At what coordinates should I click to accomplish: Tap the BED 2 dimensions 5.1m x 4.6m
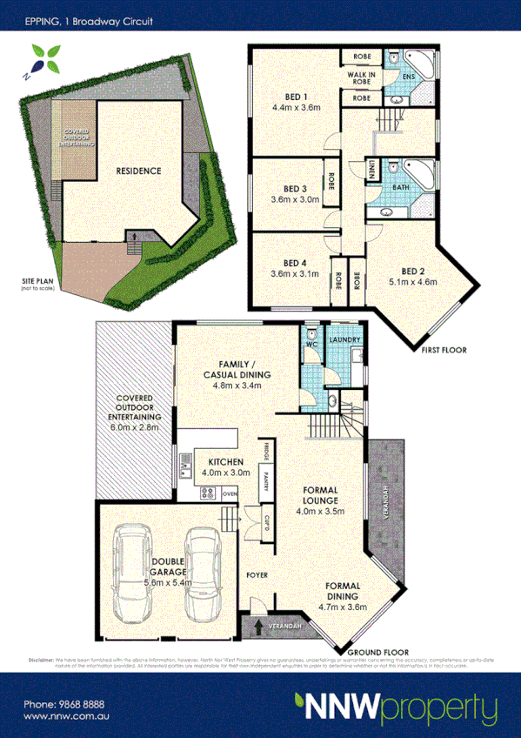point(413,282)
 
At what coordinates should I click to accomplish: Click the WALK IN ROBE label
point(363,77)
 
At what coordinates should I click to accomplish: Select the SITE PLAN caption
point(39,282)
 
